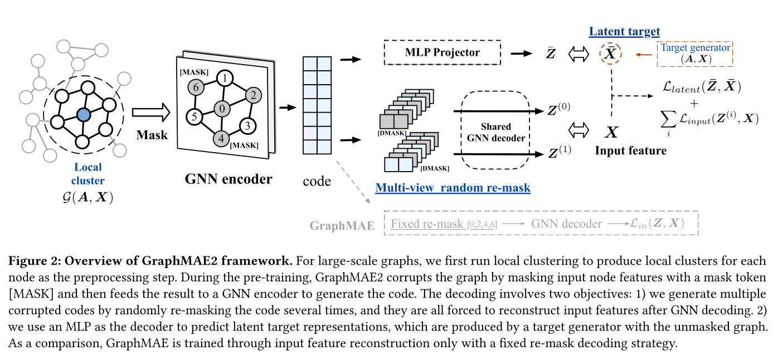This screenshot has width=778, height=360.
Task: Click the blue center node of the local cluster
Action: [x=83, y=115]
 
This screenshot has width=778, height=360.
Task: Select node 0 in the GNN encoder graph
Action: [x=222, y=108]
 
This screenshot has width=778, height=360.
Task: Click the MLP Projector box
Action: [x=442, y=53]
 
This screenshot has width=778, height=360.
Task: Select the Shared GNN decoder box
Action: [x=496, y=132]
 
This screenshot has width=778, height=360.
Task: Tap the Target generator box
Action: [x=695, y=53]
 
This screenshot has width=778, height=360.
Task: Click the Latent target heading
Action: [x=624, y=32]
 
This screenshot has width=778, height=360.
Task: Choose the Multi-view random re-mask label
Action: [x=453, y=188]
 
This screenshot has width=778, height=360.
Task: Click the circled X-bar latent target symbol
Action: [x=611, y=53]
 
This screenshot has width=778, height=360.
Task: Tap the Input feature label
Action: [x=630, y=150]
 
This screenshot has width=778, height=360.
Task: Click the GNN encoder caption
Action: [x=228, y=179]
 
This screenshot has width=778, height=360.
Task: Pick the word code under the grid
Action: [x=317, y=181]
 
